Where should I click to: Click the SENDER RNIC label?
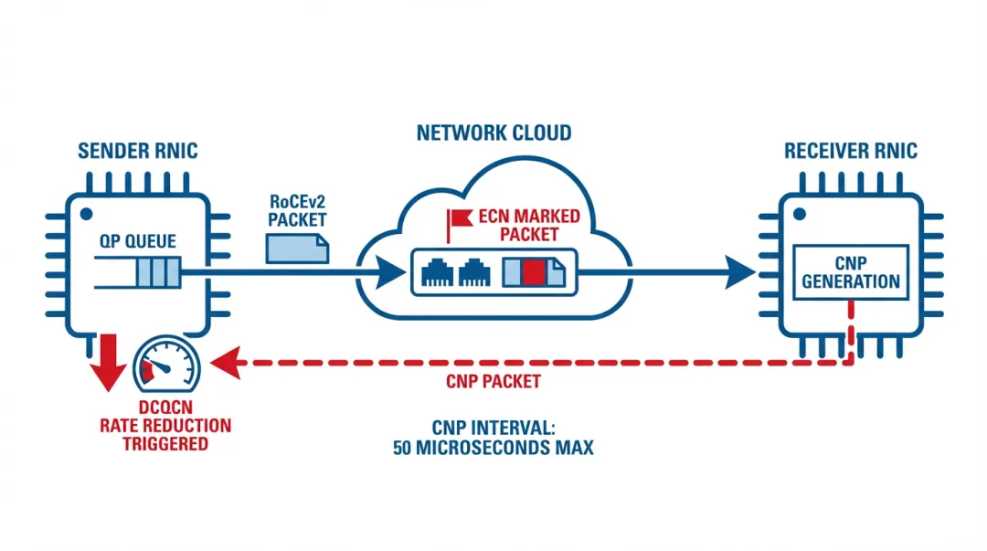click(137, 151)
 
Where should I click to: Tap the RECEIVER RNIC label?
click(850, 151)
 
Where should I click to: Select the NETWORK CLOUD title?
click(493, 133)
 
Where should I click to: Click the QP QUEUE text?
click(139, 241)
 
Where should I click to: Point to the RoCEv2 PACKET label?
click(298, 210)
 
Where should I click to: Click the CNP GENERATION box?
click(851, 271)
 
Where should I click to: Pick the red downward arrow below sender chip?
click(112, 362)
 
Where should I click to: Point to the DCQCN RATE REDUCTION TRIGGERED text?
click(165, 426)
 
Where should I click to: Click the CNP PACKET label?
click(493, 381)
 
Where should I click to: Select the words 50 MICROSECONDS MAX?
click(493, 449)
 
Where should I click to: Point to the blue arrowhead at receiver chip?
click(741, 271)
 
